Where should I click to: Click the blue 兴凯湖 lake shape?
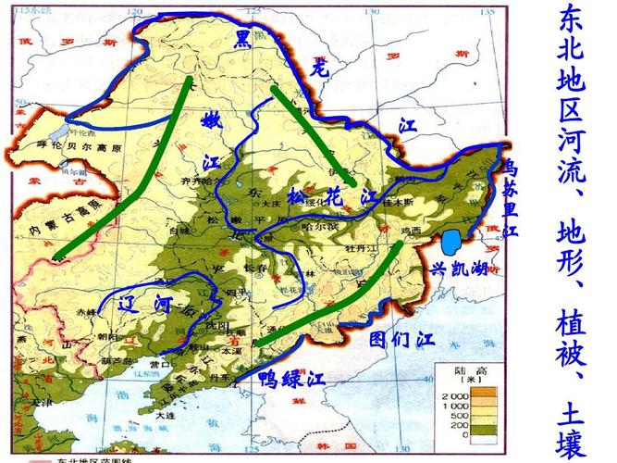click(450, 243)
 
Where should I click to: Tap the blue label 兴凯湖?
click(460, 269)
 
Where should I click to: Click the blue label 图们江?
click(401, 338)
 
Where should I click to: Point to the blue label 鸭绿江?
click(291, 378)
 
